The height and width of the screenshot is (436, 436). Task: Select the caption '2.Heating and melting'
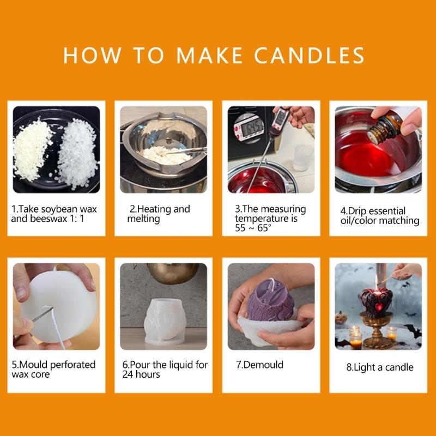[x=159, y=214]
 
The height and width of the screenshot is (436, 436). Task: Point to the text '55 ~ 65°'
[x=253, y=228]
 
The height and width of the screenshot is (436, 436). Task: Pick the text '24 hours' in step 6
[x=141, y=374]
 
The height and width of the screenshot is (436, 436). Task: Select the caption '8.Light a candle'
[x=379, y=367]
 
